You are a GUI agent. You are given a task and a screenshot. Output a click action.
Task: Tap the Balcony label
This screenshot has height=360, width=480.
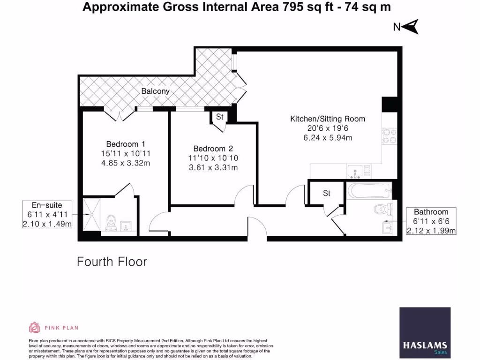point(155,91)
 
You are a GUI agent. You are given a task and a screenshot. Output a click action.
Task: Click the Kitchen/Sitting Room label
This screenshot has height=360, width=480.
point(327,119)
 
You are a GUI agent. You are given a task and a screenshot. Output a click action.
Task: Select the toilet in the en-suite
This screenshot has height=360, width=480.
point(111,222)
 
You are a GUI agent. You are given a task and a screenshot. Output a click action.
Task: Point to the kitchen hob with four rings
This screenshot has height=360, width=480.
point(390,136)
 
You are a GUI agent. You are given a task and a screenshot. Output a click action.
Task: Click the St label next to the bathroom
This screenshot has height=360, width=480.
point(327,193)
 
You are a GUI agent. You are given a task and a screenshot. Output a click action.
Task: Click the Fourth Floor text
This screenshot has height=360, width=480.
point(112,262)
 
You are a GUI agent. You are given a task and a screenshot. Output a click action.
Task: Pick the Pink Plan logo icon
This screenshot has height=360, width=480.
point(35,327)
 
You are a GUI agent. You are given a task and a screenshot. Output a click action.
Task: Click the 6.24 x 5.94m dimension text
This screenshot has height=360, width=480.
point(327,138)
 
